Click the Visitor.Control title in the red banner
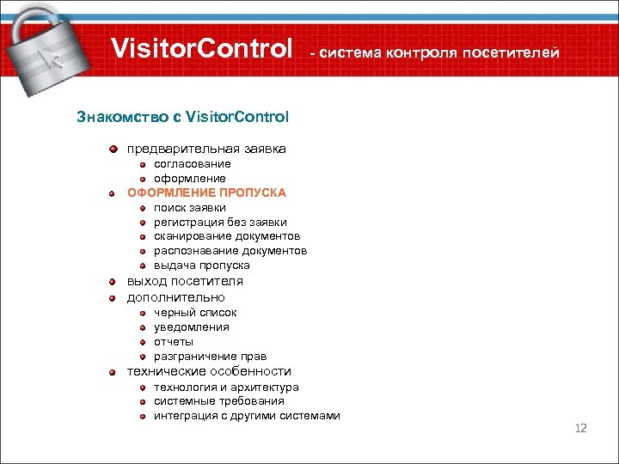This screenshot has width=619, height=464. pyautogui.click(x=202, y=49)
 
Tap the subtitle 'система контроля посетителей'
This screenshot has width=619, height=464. pyautogui.click(x=434, y=53)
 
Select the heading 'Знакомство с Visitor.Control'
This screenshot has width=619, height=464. pyautogui.click(x=183, y=115)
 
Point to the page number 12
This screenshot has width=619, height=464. pyautogui.click(x=580, y=428)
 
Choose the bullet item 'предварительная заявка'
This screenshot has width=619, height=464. pyautogui.click(x=206, y=149)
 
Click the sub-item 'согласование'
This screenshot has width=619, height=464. pyautogui.click(x=192, y=163)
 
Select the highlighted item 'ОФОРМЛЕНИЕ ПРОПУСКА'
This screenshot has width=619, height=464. pyautogui.click(x=206, y=192)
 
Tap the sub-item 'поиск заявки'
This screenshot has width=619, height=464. pyautogui.click(x=190, y=207)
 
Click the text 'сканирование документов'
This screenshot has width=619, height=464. pyautogui.click(x=227, y=236)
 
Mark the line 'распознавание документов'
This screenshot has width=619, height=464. pyautogui.click(x=230, y=251)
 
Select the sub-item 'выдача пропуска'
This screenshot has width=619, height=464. pyautogui.click(x=202, y=266)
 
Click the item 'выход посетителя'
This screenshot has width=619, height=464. pyautogui.click(x=185, y=281)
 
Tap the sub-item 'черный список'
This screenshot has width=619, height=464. pyautogui.click(x=195, y=313)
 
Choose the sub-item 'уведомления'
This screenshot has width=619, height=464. pyautogui.click(x=192, y=327)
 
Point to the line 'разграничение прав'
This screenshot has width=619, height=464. pyautogui.click(x=210, y=357)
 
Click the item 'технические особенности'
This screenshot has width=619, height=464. pyautogui.click(x=209, y=371)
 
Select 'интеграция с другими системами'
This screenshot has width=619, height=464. pyautogui.click(x=247, y=416)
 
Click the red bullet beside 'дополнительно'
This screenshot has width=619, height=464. pyautogui.click(x=113, y=297)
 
